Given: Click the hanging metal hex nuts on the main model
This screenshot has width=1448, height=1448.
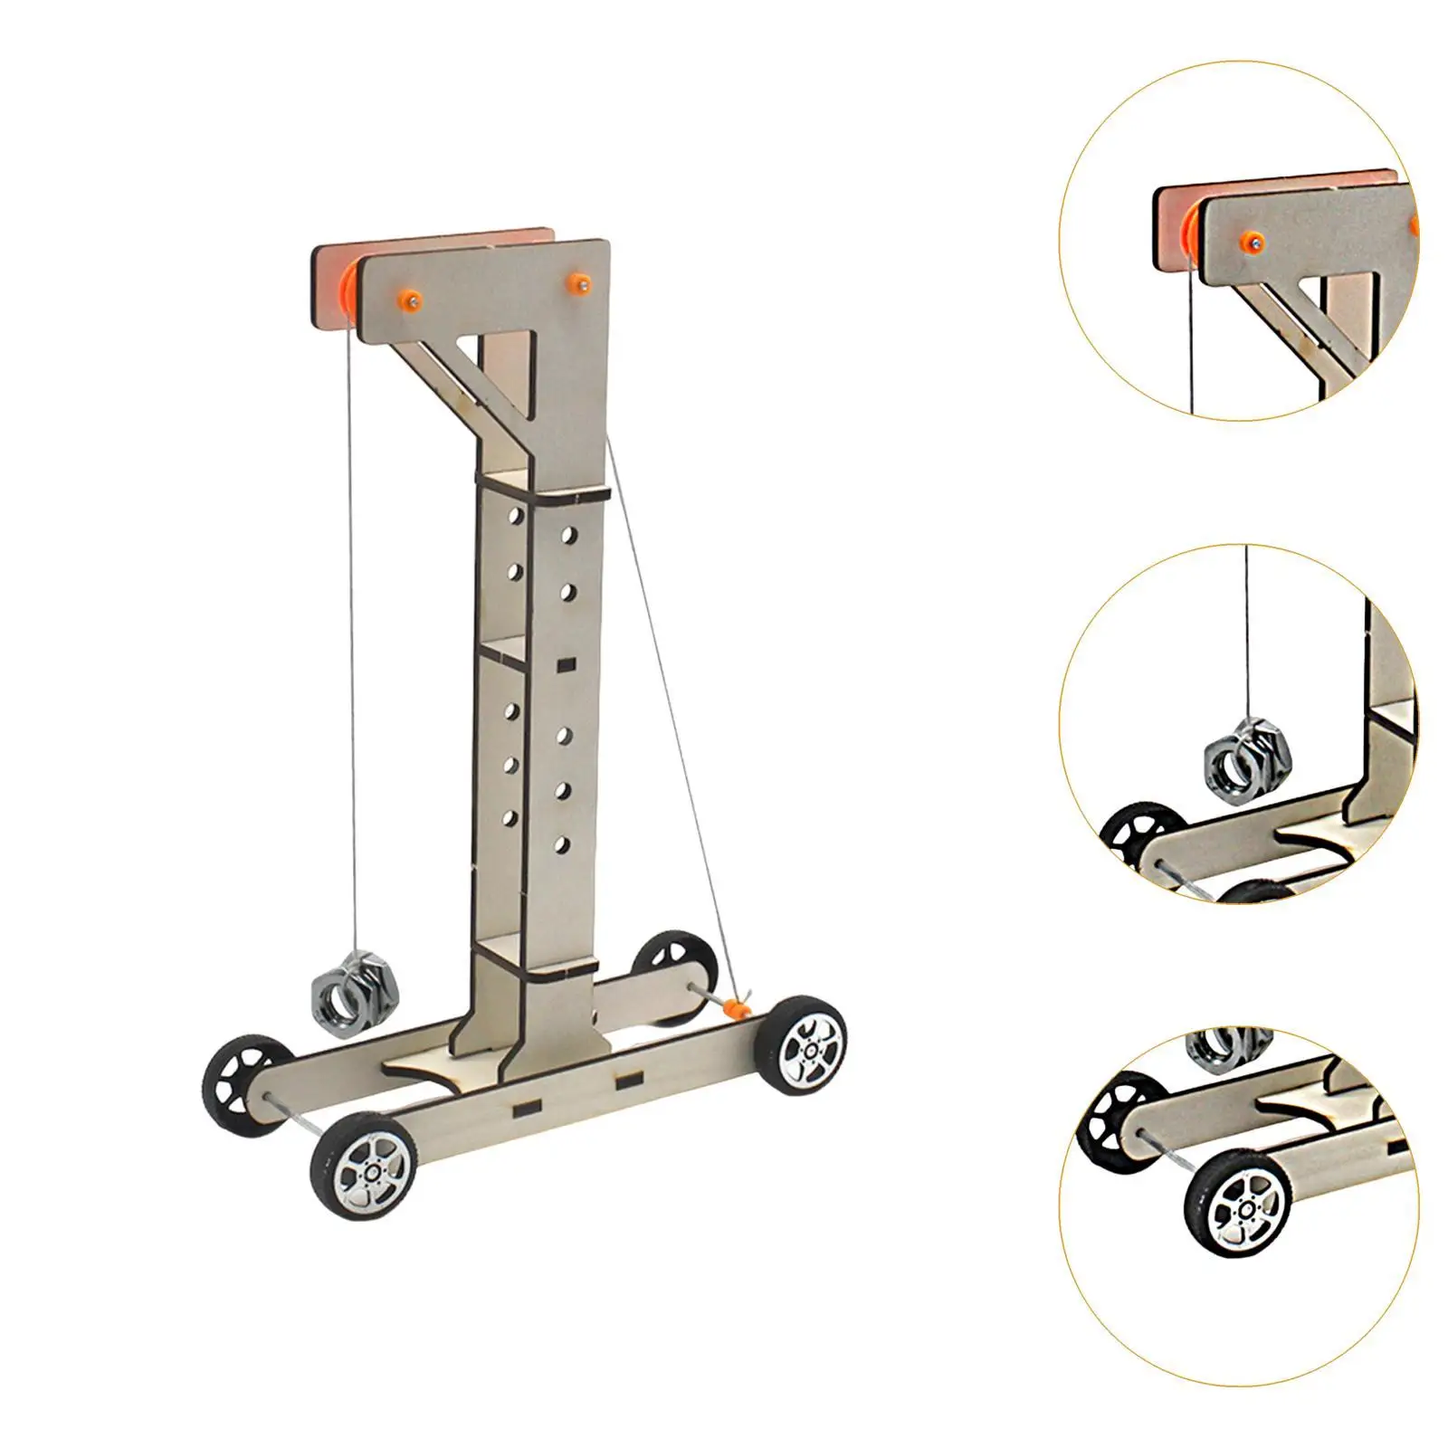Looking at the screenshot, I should tap(348, 991).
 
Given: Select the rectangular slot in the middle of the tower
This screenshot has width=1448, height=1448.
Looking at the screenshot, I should tap(567, 665).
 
